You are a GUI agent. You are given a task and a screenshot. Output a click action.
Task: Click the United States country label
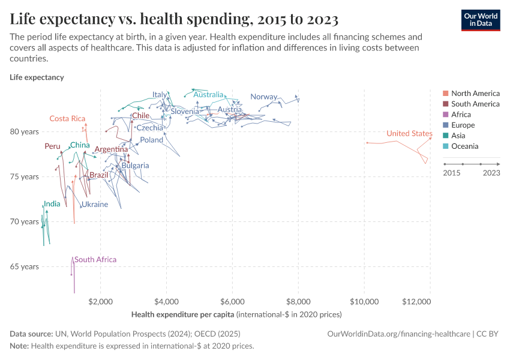coord(409,133)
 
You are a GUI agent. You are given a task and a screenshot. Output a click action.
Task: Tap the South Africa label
coord(95,260)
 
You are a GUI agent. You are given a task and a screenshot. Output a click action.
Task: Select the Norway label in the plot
coord(263,97)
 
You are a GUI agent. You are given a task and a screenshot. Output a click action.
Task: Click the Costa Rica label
coord(67,118)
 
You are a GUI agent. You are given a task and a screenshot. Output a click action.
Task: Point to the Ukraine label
coord(95,205)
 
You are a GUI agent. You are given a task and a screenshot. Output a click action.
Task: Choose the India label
coord(52,204)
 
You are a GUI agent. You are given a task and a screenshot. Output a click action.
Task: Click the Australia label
coord(208,95)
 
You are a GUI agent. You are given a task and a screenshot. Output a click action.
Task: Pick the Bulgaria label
coord(135,166)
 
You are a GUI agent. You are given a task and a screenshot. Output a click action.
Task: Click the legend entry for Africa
coord(461,115)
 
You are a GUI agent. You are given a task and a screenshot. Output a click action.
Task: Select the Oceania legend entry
coord(464,146)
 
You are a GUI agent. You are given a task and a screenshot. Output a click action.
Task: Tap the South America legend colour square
coord(445,104)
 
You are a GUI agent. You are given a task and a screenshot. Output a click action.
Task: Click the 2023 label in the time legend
coord(491,173)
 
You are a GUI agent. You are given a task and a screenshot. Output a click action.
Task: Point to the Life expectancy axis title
coord(37,77)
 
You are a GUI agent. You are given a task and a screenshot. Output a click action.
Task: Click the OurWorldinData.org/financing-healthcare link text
coord(398,334)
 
